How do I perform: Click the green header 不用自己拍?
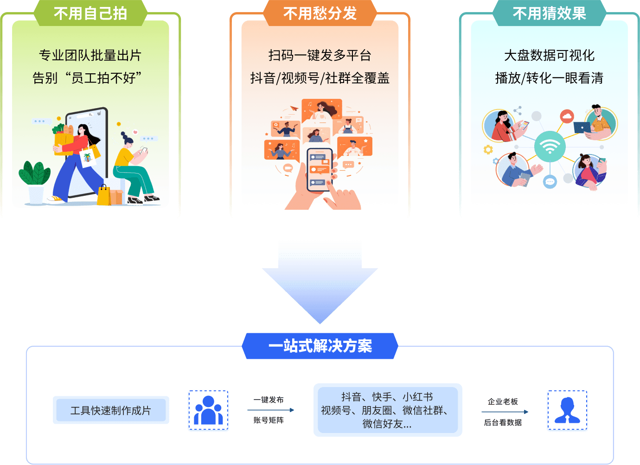[x=90, y=13]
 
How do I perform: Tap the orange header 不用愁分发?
[x=320, y=13]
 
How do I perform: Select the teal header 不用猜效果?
[x=549, y=13]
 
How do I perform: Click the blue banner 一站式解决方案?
[x=320, y=346]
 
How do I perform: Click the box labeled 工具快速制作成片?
[x=111, y=410]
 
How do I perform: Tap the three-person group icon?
[x=208, y=410]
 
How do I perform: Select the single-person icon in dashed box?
[x=567, y=410]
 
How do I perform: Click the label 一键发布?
[x=269, y=400]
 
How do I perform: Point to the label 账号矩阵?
[x=269, y=420]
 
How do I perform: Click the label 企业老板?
[x=503, y=401]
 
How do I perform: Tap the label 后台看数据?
[x=503, y=422]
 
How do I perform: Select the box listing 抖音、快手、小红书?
[x=388, y=410]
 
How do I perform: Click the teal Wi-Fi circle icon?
[x=550, y=146]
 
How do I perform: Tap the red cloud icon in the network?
[x=567, y=116]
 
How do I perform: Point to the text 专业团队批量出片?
[x=90, y=55]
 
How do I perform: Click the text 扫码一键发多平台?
[x=320, y=55]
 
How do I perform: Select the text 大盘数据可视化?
[x=549, y=55]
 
